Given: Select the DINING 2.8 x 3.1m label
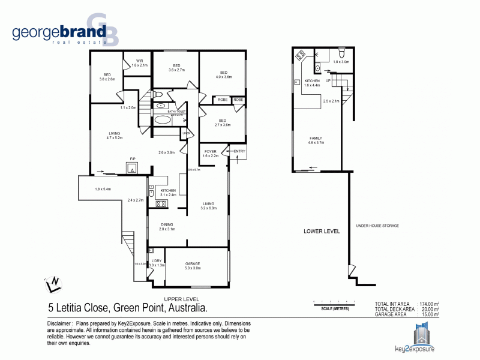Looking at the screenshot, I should (x=167, y=227).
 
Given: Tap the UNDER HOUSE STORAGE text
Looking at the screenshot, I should (x=377, y=226).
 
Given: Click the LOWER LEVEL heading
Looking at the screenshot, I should (x=322, y=231).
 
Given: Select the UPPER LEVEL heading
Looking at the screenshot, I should (x=181, y=299).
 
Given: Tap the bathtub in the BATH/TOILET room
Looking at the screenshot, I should (x=163, y=119).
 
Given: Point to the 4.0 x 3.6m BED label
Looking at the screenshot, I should (x=223, y=74).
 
